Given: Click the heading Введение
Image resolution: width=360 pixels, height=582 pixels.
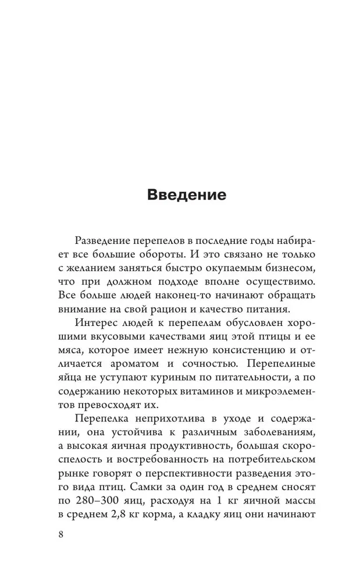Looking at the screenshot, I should (x=186, y=194).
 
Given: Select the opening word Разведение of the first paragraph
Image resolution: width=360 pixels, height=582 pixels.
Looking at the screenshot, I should (x=104, y=241).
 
